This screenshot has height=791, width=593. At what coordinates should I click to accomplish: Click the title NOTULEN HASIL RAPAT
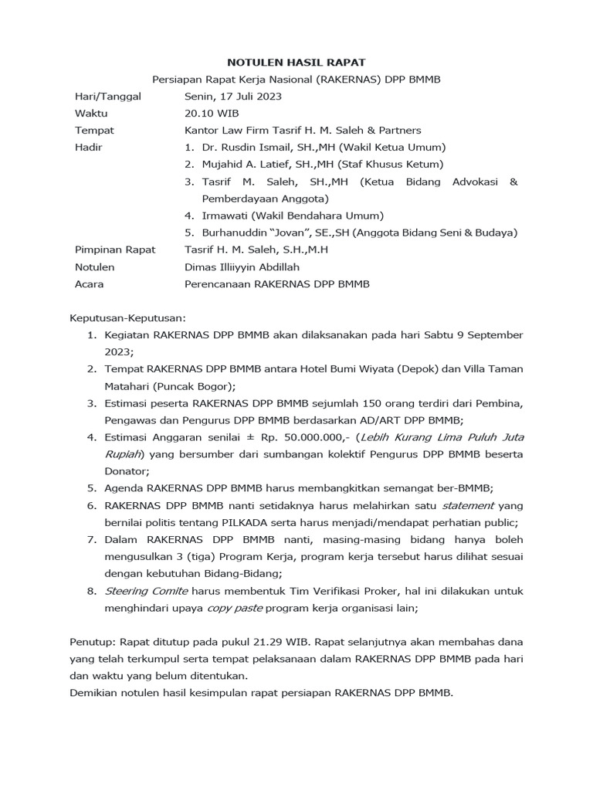pyautogui.click(x=296, y=62)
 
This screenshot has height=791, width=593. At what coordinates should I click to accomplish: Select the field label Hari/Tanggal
pyautogui.click(x=107, y=97)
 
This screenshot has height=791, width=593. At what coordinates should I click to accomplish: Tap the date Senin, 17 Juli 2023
pyautogui.click(x=233, y=97)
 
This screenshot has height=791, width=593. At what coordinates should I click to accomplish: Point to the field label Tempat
pyautogui.click(x=94, y=131)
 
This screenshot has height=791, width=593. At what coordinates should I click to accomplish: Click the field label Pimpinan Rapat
pyautogui.click(x=114, y=250)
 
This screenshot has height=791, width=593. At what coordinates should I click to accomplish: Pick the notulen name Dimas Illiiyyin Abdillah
pyautogui.click(x=242, y=266)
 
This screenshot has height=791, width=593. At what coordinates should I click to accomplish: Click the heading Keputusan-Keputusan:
pyautogui.click(x=128, y=317)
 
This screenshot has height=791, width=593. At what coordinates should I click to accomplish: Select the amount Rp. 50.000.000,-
pyautogui.click(x=296, y=437)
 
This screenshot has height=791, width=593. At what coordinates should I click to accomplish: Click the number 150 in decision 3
pyautogui.click(x=348, y=403)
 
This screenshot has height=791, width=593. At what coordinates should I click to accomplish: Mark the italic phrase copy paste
pyautogui.click(x=235, y=608)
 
